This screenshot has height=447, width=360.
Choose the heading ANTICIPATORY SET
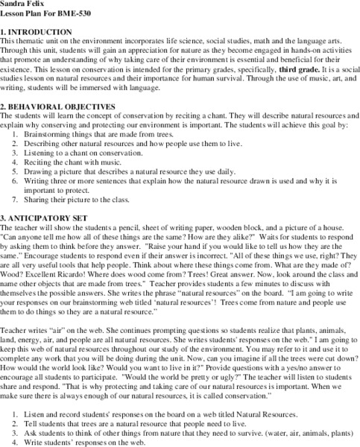(45, 218)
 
